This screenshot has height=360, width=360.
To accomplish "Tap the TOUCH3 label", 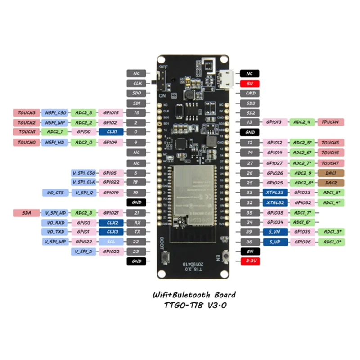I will [27, 112].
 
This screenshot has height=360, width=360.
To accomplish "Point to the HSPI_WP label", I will [54, 122].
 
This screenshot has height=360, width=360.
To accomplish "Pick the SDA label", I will [27, 212].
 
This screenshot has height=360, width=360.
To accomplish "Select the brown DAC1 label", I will [331, 173].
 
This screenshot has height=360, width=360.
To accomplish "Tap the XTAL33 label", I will [274, 193].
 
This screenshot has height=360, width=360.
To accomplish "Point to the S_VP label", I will [274, 242].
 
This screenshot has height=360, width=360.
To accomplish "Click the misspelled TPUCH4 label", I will [331, 122].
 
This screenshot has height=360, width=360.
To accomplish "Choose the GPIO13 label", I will [274, 122].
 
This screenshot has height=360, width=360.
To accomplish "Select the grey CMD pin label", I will [251, 93].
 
